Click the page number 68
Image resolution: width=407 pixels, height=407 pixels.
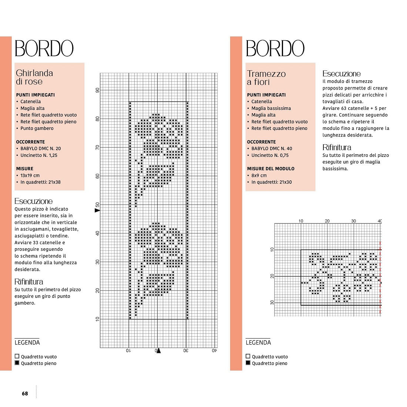25,394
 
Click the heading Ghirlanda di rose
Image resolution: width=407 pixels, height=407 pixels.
34,77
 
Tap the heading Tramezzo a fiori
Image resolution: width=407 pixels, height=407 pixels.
266,78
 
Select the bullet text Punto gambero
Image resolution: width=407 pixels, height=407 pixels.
37,128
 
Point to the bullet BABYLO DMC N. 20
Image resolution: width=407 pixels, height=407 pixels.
40,148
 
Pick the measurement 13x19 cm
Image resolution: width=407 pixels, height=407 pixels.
30,175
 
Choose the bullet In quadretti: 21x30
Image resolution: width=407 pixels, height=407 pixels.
272,182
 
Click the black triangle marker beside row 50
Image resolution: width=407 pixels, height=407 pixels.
97,210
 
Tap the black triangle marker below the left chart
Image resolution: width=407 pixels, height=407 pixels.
159,351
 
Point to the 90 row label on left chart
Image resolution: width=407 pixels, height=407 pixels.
97,90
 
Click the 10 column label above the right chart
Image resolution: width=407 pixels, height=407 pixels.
301,221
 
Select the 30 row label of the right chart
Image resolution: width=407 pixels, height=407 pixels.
272,302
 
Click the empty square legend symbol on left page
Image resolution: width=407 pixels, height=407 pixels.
17,356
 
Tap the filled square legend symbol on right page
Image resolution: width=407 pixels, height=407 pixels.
248,363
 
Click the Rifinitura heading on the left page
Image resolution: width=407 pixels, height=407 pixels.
28,282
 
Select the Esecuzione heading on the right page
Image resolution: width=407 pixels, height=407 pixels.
342,74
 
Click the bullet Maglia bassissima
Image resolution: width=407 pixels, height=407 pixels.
271,108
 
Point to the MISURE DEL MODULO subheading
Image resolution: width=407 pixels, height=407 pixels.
271,169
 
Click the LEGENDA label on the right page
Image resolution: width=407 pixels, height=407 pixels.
258,342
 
